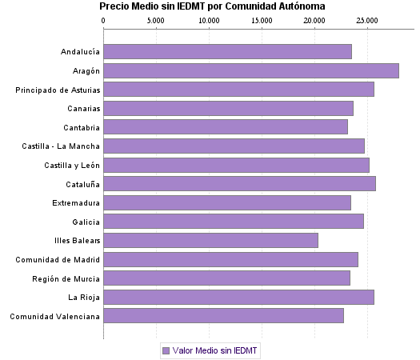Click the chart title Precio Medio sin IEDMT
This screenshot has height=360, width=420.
212,6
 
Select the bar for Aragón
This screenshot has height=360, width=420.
251,70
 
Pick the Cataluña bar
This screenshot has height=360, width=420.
239,183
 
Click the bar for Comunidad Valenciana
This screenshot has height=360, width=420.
223,315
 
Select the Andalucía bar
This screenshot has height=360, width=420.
227,52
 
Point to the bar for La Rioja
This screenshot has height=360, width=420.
238,297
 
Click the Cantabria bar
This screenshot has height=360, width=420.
226,127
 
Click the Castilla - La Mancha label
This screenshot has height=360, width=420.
61,146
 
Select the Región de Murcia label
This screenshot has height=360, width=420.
66,278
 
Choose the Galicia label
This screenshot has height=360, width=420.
86,222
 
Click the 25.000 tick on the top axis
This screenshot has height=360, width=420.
367,19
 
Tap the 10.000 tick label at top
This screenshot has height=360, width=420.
209,19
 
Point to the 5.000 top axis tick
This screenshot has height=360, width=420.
156,19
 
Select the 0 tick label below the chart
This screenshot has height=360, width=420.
104,334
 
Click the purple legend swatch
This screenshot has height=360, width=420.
166,350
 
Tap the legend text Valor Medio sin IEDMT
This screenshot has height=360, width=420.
215,350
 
